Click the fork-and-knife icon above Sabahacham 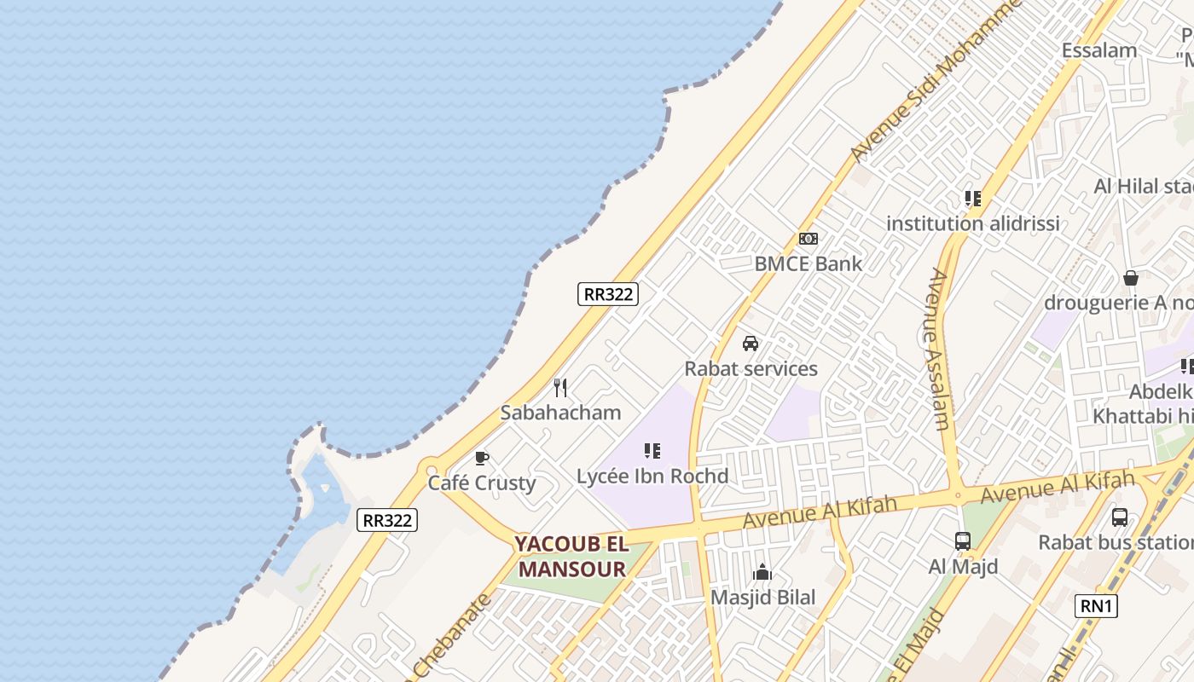pyautogui.click(x=560, y=389)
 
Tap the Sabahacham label pyautogui.click(x=560, y=413)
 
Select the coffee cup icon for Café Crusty pyautogui.click(x=482, y=459)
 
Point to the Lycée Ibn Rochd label pyautogui.click(x=652, y=476)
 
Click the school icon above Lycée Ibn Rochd pyautogui.click(x=652, y=451)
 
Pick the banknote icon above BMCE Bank pyautogui.click(x=808, y=239)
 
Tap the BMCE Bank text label pyautogui.click(x=808, y=263)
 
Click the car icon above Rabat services pyautogui.click(x=751, y=344)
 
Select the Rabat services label pyautogui.click(x=751, y=368)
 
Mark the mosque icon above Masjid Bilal pyautogui.click(x=762, y=573)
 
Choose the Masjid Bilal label pyautogui.click(x=762, y=598)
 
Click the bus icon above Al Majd pyautogui.click(x=963, y=540)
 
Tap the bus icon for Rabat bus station pyautogui.click(x=1120, y=517)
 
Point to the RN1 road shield pyautogui.click(x=1096, y=606)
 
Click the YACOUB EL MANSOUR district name pyautogui.click(x=571, y=557)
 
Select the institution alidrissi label pyautogui.click(x=972, y=223)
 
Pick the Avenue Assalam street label pyautogui.click(x=938, y=350)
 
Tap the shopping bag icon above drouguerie pyautogui.click(x=1131, y=278)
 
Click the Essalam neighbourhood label pyautogui.click(x=1098, y=50)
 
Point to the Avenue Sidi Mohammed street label pyautogui.click(x=936, y=81)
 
